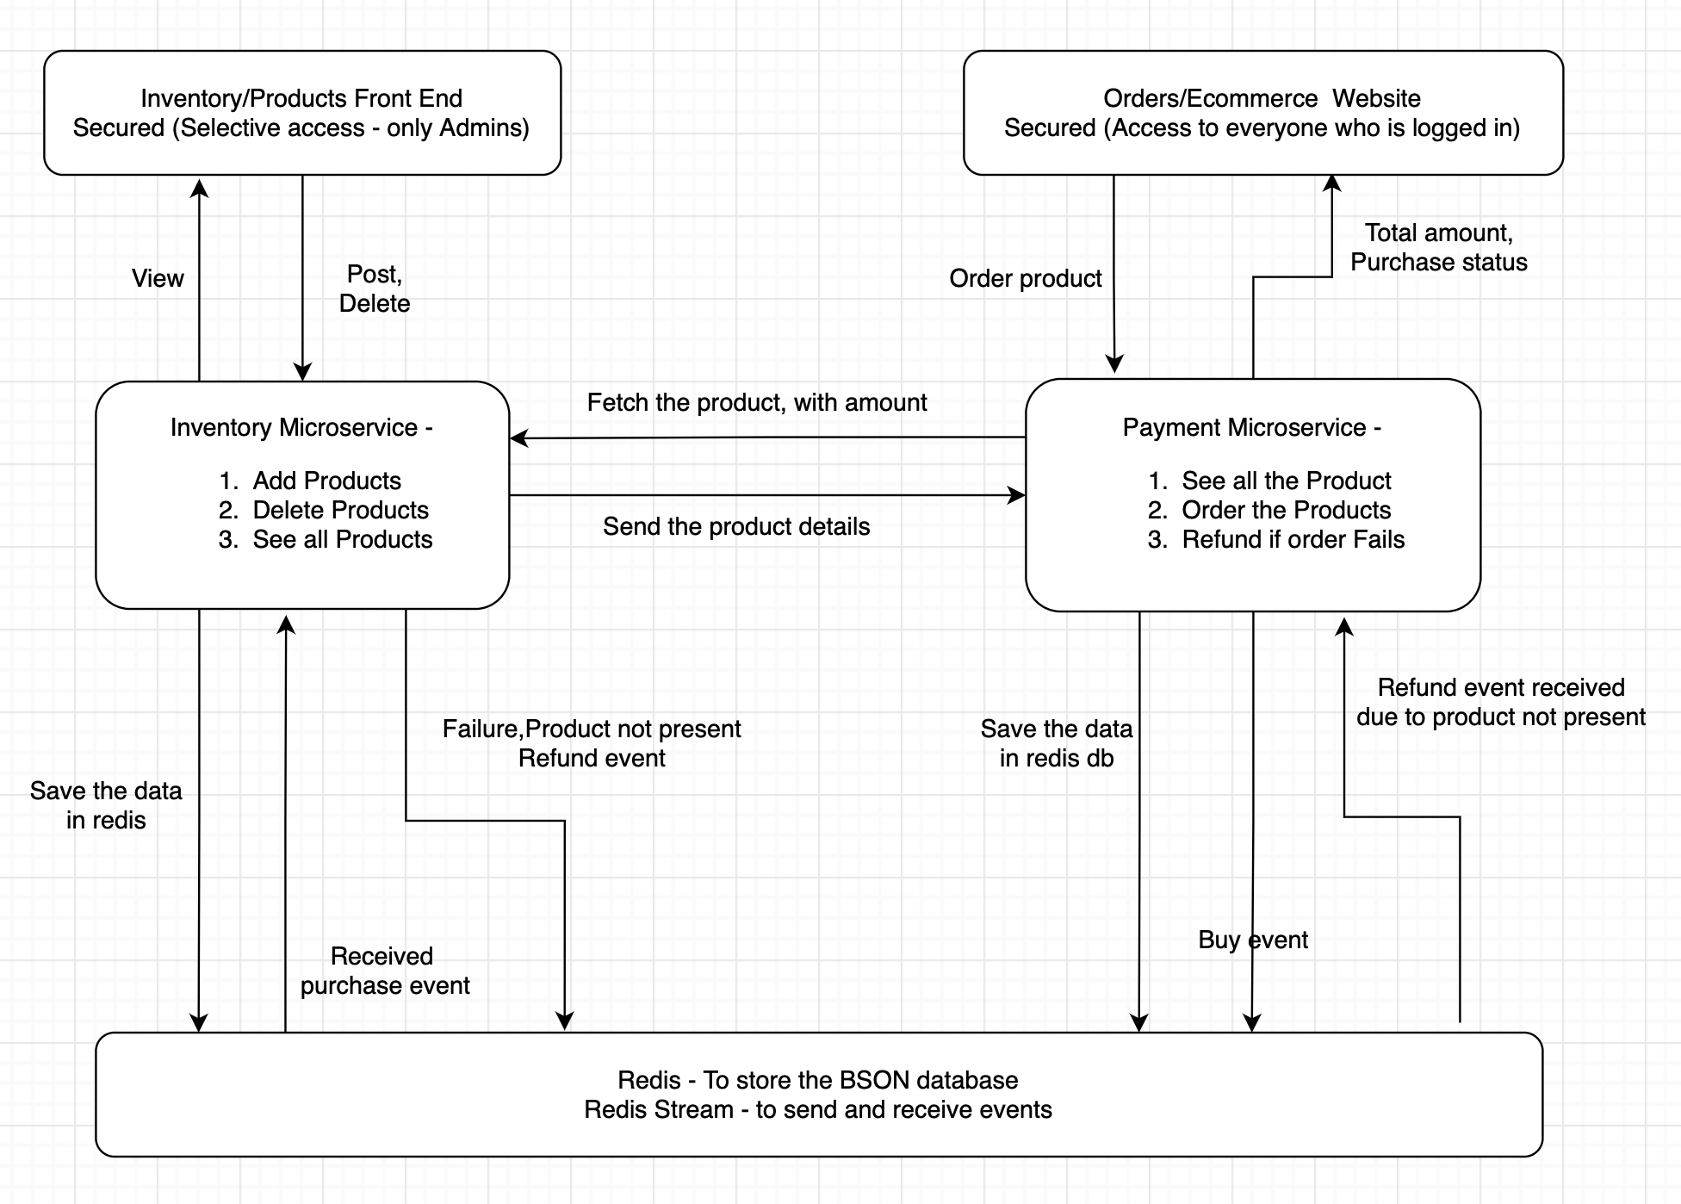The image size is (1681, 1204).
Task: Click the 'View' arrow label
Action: [158, 278]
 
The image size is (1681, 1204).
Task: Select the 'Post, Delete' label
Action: [374, 289]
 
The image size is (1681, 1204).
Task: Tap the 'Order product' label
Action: [1025, 278]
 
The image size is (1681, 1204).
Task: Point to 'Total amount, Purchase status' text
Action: [1438, 247]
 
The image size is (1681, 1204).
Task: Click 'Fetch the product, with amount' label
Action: [756, 402]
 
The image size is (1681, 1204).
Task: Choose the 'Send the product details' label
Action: [735, 526]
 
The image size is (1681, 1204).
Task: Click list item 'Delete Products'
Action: [340, 510]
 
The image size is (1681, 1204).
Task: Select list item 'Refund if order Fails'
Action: [1293, 539]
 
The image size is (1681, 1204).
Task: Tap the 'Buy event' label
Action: [1252, 940]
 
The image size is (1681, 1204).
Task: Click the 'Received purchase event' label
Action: [384, 971]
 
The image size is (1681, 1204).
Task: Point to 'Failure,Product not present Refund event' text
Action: [591, 743]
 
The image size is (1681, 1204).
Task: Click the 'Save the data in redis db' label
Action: [1056, 743]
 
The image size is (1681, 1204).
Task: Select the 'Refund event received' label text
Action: [1500, 687]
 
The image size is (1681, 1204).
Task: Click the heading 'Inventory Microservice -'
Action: [301, 427]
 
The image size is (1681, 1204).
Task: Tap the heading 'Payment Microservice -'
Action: [1251, 427]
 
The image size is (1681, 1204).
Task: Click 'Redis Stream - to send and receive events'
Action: [817, 1109]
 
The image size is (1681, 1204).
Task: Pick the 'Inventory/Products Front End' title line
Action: [301, 98]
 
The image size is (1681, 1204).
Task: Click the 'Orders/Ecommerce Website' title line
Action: [1262, 98]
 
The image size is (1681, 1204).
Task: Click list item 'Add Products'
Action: [326, 481]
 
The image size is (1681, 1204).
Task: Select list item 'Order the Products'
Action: [1286, 510]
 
